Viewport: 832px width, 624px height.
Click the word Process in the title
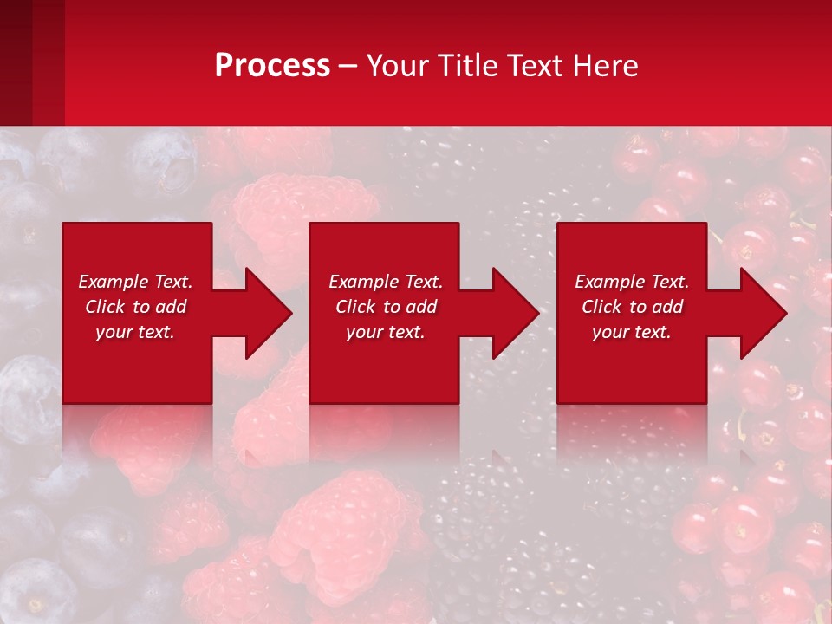(x=272, y=66)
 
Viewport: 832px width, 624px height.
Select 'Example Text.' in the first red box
(x=135, y=282)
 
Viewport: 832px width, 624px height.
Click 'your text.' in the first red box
(x=135, y=332)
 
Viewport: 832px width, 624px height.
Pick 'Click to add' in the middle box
(x=386, y=307)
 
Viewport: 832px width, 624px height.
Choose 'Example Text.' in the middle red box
(x=386, y=282)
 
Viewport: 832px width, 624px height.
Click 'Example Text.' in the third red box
(x=632, y=282)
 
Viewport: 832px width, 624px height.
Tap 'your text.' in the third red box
(x=632, y=332)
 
